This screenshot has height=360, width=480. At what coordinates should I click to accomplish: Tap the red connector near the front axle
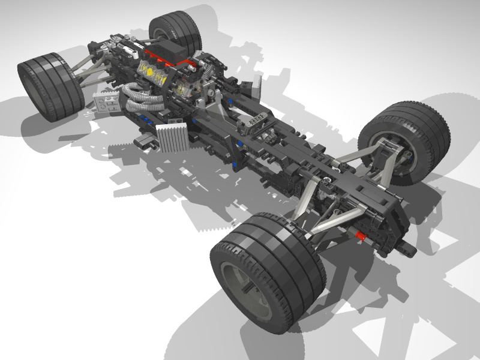(x=361, y=236)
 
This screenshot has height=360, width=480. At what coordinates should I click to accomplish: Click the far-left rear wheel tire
(x=48, y=87)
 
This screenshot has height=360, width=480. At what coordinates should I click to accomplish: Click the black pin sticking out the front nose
(x=411, y=247)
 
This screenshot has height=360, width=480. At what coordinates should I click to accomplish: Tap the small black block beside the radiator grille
(x=144, y=142)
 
